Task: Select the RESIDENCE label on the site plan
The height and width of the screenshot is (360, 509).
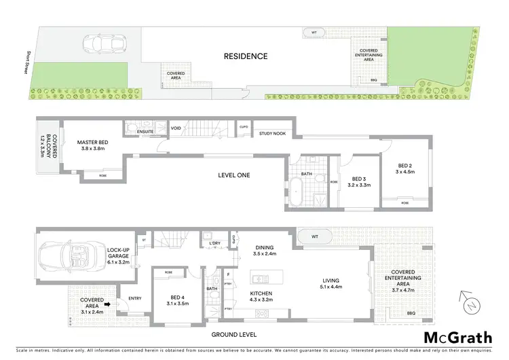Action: point(246,56)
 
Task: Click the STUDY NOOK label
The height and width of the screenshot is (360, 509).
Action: point(271,134)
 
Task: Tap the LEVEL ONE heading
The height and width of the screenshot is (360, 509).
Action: point(234,175)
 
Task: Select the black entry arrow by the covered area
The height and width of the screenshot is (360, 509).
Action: point(107,305)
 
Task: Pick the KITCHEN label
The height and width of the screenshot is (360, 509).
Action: point(261,295)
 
